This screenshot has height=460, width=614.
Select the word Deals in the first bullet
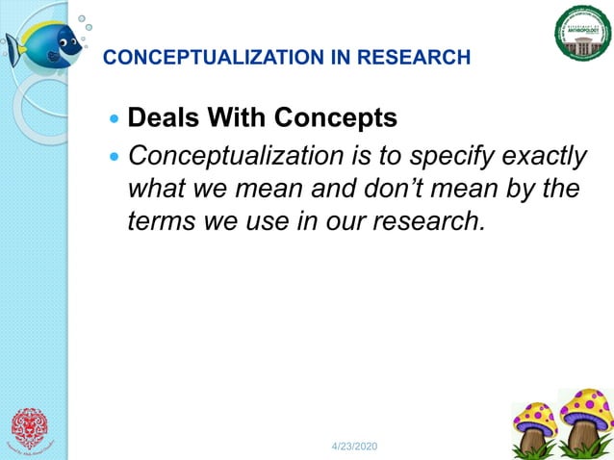pyautogui.click(x=160, y=118)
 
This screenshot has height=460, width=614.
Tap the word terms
pyautogui.click(x=159, y=220)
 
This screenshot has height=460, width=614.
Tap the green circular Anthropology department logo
pyautogui.click(x=582, y=32)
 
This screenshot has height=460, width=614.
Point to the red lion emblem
pyautogui.click(x=32, y=429)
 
